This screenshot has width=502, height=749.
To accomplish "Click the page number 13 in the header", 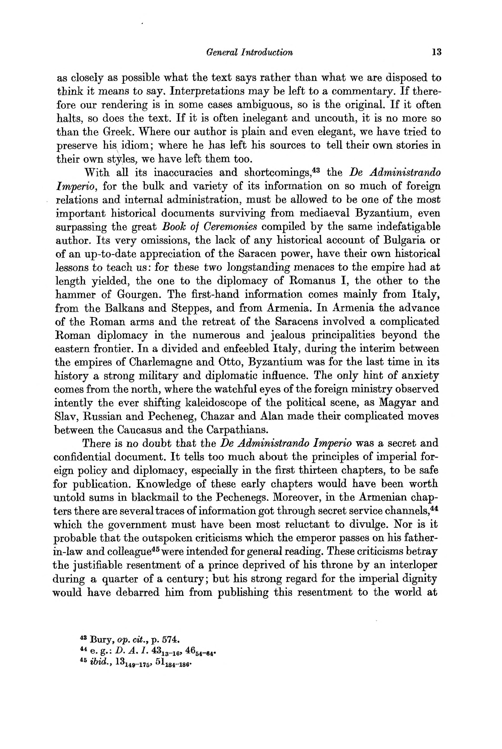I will (x=436, y=52).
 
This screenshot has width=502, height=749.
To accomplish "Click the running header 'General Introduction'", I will (x=249, y=52).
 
